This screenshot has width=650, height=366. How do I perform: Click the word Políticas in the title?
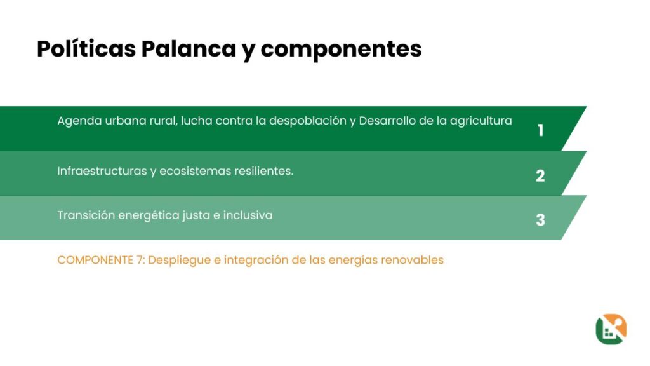pyautogui.click(x=86, y=48)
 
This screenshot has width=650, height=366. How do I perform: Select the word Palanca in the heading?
pyautogui.click(x=189, y=48)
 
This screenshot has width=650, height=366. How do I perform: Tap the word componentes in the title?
pyautogui.click(x=341, y=50)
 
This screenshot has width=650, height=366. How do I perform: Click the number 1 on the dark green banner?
pyautogui.click(x=541, y=130)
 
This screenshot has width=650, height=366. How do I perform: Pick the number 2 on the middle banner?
pyautogui.click(x=540, y=175)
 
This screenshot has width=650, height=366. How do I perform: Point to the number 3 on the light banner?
pyautogui.click(x=540, y=219)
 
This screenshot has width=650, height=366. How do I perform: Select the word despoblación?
pyautogui.click(x=308, y=121)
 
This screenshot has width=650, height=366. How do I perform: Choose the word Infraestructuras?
pyautogui.click(x=102, y=171)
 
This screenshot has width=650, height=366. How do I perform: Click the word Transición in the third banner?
pyautogui.click(x=86, y=215)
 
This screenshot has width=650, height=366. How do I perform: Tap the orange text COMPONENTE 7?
pyautogui.click(x=101, y=260)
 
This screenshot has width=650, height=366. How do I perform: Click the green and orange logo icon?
pyautogui.click(x=611, y=329)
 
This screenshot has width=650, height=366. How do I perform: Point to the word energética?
pyautogui.click(x=173, y=216)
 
